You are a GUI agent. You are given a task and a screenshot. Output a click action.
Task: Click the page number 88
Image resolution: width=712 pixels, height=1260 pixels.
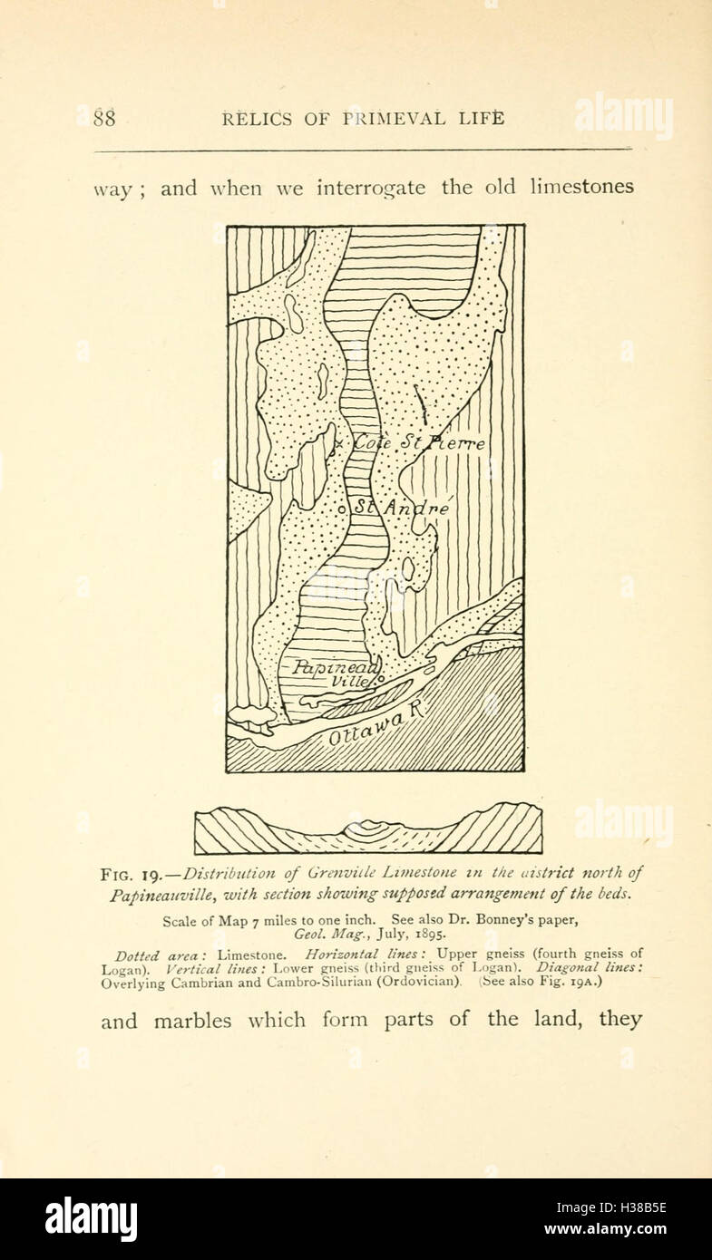[104, 119]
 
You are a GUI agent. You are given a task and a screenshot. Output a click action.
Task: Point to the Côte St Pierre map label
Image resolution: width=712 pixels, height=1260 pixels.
[418, 444]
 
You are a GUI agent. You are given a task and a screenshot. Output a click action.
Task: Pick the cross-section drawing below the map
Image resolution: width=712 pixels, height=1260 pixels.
[368, 829]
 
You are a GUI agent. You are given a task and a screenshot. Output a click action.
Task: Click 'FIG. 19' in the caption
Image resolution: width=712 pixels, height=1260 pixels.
[131, 876]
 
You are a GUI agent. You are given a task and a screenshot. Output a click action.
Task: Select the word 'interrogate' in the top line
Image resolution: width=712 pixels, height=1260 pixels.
[372, 189]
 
